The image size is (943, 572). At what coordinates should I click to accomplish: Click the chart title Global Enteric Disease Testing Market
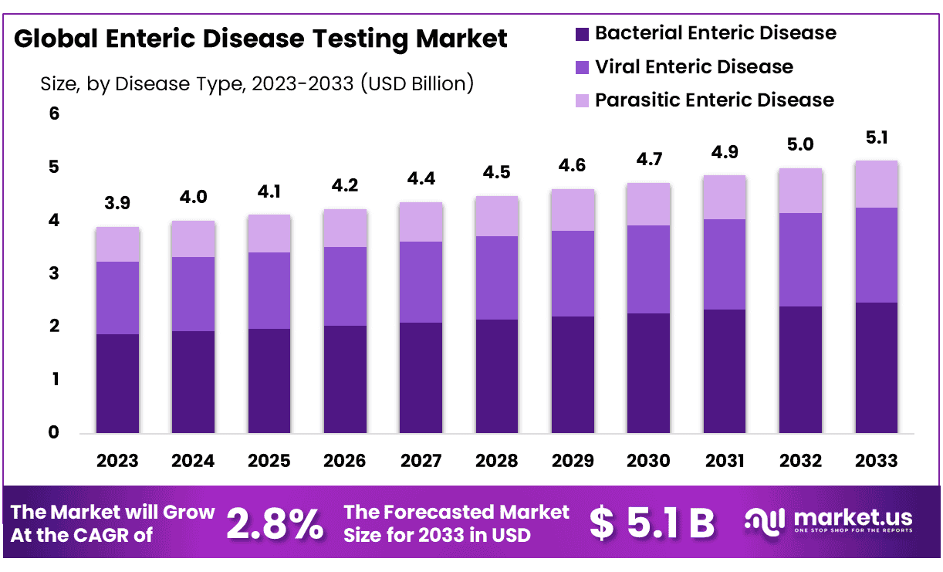click(261, 39)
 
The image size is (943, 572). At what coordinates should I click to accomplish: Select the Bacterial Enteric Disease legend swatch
click(582, 34)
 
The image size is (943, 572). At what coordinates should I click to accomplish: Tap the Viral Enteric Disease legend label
click(694, 67)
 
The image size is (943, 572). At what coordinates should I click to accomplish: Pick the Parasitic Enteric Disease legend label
click(714, 100)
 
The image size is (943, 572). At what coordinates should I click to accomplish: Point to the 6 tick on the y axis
click(54, 114)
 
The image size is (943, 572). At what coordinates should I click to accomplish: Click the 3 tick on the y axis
click(54, 274)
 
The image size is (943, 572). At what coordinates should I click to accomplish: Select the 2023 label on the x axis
click(117, 461)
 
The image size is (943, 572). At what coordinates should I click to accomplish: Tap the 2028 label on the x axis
click(497, 461)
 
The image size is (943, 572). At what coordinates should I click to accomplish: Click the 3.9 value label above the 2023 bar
click(117, 204)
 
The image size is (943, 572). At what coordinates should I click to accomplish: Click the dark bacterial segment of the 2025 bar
click(269, 381)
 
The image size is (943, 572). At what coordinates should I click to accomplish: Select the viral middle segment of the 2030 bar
click(648, 269)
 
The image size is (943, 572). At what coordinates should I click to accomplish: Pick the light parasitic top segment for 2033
click(876, 184)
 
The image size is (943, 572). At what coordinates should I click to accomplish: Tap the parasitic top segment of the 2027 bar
click(421, 222)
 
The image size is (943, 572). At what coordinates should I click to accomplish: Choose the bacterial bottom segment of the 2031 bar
click(724, 371)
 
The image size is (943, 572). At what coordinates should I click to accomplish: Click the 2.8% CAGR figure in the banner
click(275, 523)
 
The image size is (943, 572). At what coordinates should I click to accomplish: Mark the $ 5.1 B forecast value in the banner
click(652, 523)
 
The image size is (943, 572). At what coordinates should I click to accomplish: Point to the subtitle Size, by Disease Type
click(256, 83)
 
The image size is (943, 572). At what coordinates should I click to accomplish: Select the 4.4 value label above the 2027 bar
click(421, 179)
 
